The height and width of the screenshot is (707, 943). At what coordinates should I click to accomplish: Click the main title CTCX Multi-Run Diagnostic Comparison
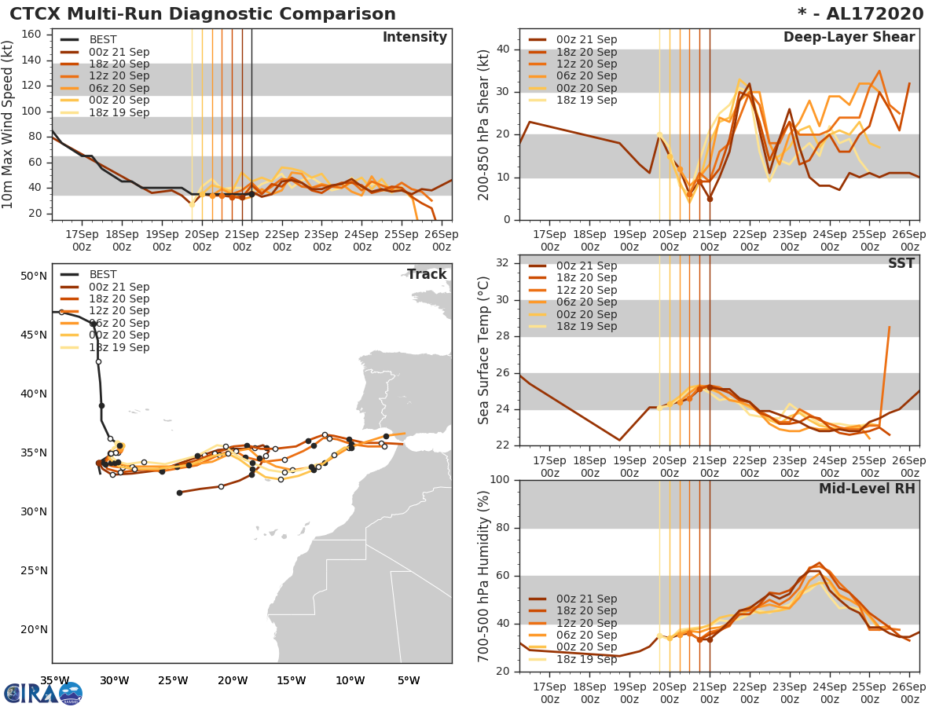pyautogui.click(x=203, y=14)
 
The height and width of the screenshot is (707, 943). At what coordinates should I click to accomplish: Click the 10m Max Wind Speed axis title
pyautogui.click(x=9, y=126)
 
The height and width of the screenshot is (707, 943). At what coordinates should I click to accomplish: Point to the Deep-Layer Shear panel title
pyautogui.click(x=849, y=38)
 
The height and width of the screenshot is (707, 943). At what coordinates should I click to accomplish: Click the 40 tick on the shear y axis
pyautogui.click(x=505, y=49)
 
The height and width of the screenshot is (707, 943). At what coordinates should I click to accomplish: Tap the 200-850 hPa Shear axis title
pyautogui.click(x=484, y=125)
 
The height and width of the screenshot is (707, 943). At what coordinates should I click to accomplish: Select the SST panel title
pyautogui.click(x=901, y=264)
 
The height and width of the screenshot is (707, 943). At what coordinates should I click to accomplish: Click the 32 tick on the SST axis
pyautogui.click(x=505, y=263)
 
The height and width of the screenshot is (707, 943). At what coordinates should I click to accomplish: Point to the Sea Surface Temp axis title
pyautogui.click(x=484, y=350)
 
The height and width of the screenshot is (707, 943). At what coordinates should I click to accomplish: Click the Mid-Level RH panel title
pyautogui.click(x=866, y=489)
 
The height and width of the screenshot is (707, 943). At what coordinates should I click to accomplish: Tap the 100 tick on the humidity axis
pyautogui.click(x=501, y=480)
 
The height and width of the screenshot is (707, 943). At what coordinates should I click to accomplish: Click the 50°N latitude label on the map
pyautogui.click(x=34, y=276)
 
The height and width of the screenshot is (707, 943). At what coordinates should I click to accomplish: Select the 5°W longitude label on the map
pyautogui.click(x=408, y=680)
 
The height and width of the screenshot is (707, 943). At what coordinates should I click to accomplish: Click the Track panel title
pyautogui.click(x=426, y=275)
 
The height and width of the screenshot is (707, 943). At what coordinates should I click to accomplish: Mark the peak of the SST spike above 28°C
pyautogui.click(x=889, y=327)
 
